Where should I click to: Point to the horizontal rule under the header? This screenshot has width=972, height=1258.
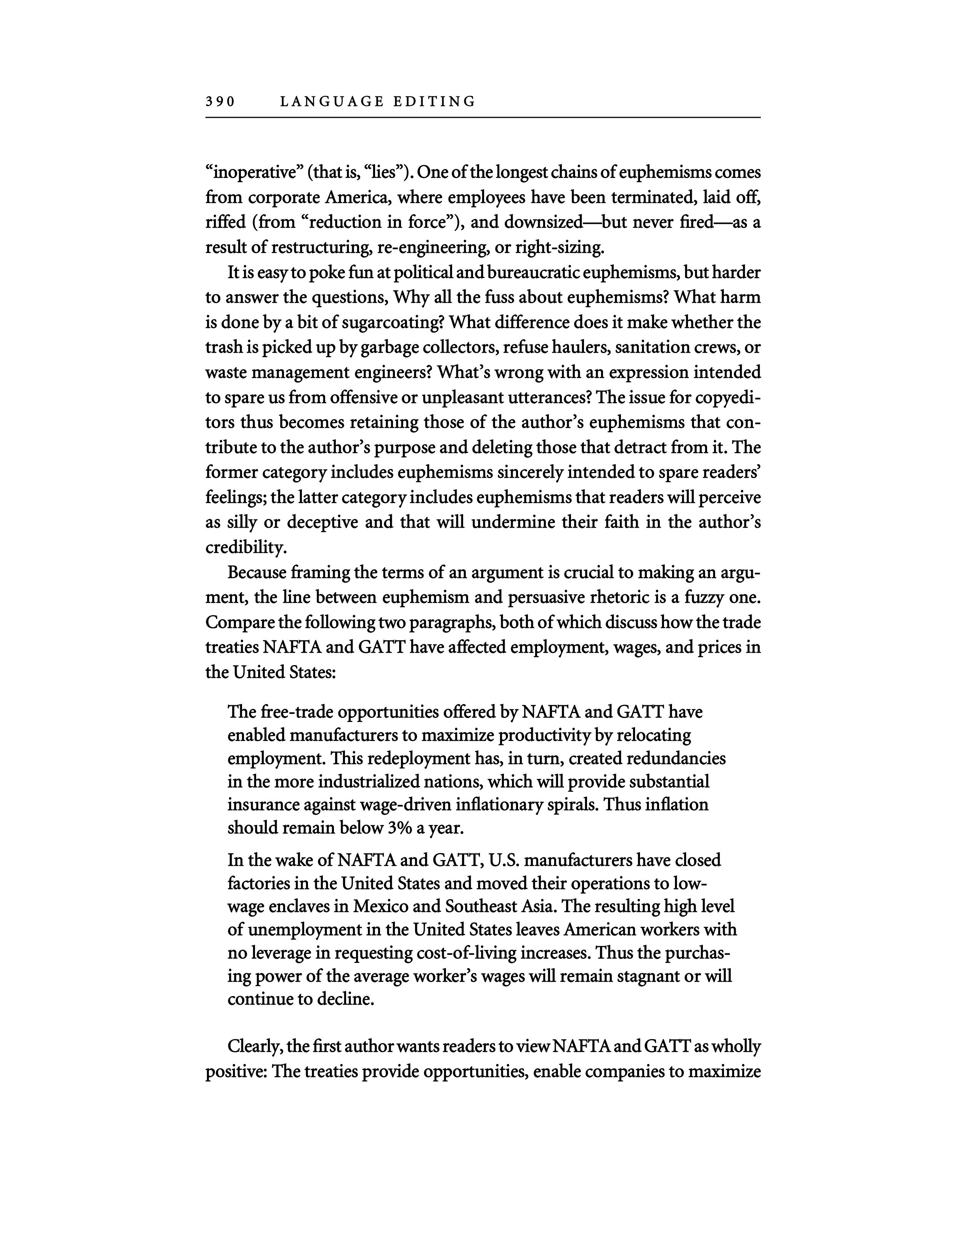483,118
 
